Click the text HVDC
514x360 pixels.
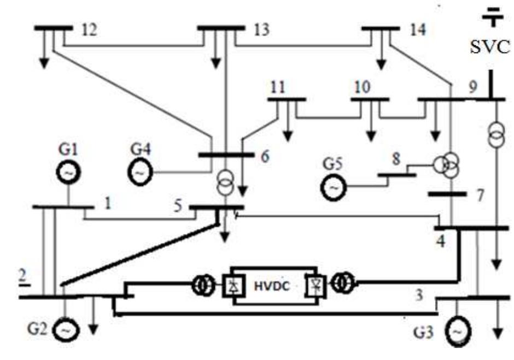point(272,286)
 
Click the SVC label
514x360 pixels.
point(490,46)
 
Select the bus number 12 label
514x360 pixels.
point(89,30)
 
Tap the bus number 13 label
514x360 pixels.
point(261,30)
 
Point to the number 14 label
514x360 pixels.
point(418,30)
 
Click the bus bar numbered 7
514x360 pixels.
point(447,194)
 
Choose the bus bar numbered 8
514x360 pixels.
point(396,175)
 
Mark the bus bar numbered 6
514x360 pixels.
point(226,155)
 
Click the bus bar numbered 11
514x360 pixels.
point(287,99)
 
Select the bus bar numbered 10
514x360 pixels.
point(370,99)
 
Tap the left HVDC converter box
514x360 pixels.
point(233,286)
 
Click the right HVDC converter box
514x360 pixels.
point(316,286)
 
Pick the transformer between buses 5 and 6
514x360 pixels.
point(225,182)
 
